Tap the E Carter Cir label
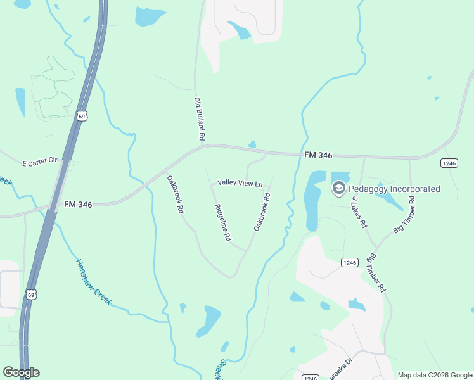pyautogui.click(x=40, y=161)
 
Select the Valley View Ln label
pyautogui.click(x=240, y=183)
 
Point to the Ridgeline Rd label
pyautogui.click(x=222, y=223)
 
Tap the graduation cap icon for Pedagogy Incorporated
pyautogui.click(x=339, y=188)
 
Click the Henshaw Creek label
pyautogui.click(x=93, y=282)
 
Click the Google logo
pyautogui.click(x=21, y=372)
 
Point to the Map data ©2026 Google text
pyautogui.click(x=434, y=375)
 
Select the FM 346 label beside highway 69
pyautogui.click(x=78, y=205)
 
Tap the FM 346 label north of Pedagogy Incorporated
pyautogui.click(x=318, y=155)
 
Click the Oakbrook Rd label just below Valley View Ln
pyautogui.click(x=262, y=211)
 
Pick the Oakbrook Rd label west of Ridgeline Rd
pyautogui.click(x=176, y=193)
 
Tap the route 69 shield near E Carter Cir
pyautogui.click(x=82, y=115)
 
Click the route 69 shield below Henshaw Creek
pyautogui.click(x=32, y=294)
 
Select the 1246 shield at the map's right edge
pyautogui.click(x=449, y=163)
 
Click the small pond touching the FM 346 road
pyautogui.click(x=252, y=145)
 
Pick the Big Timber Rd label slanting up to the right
pyautogui.click(x=404, y=215)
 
